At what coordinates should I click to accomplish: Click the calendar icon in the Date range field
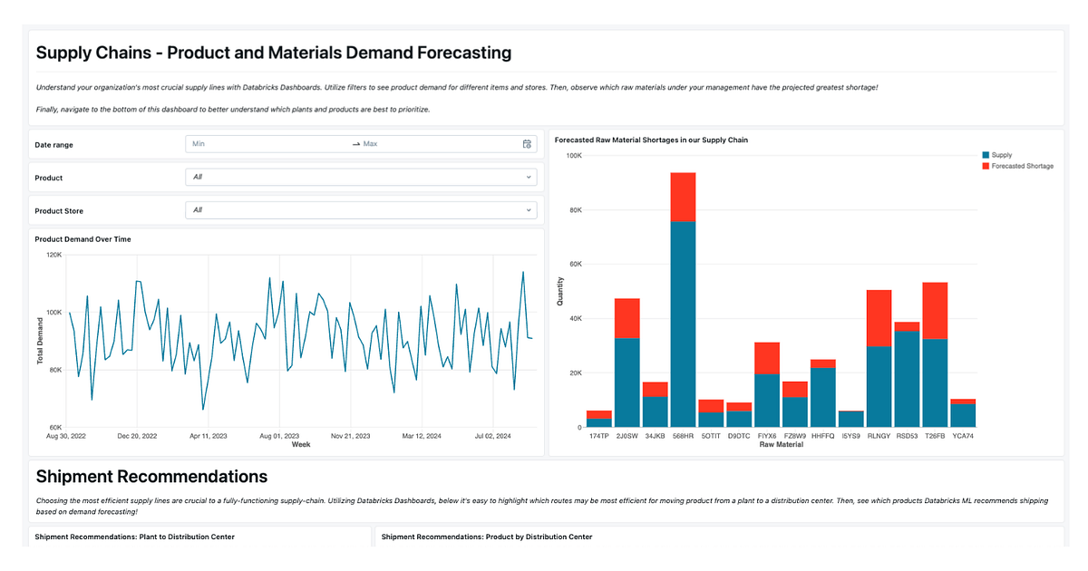click(x=527, y=144)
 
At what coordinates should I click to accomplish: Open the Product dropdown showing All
click(x=360, y=177)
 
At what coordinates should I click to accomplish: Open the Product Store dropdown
click(x=360, y=210)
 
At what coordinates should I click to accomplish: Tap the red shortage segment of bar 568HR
click(x=683, y=197)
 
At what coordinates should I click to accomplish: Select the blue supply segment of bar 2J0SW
click(x=627, y=382)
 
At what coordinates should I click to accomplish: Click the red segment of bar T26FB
click(x=935, y=310)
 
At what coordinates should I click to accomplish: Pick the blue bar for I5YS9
click(x=851, y=419)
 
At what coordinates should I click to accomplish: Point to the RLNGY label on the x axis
click(x=879, y=436)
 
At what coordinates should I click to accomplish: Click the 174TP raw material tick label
click(x=598, y=436)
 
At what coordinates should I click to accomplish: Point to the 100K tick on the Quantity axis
click(x=572, y=156)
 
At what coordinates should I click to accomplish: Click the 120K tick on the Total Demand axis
click(x=53, y=255)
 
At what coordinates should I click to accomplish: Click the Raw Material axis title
click(x=781, y=445)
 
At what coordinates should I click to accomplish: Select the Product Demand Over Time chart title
click(x=83, y=239)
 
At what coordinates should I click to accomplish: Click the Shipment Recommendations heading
click(x=151, y=476)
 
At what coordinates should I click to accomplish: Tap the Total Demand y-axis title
click(x=40, y=341)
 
